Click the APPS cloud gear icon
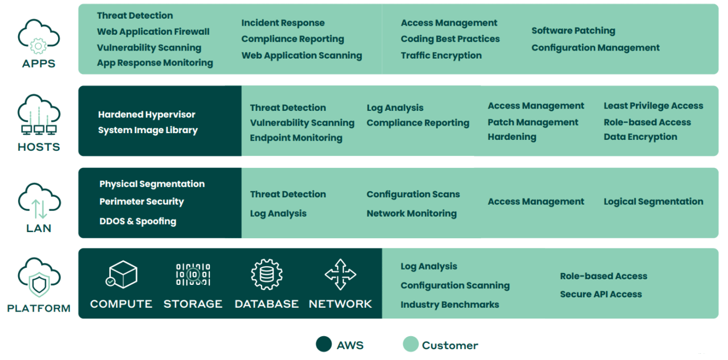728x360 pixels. pyautogui.click(x=39, y=38)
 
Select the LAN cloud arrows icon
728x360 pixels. pyautogui.click(x=39, y=205)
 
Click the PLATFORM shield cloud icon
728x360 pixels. pyautogui.click(x=39, y=279)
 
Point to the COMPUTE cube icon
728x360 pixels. pyautogui.click(x=122, y=274)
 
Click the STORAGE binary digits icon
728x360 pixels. pyautogui.click(x=193, y=274)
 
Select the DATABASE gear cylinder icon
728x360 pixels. pyautogui.click(x=266, y=274)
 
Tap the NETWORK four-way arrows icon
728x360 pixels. pyautogui.click(x=340, y=274)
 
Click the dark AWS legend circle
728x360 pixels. pyautogui.click(x=324, y=344)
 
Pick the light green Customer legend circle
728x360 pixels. pyautogui.click(x=410, y=344)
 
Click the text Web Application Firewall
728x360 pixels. pyautogui.click(x=153, y=32)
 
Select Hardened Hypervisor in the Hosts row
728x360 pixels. pyautogui.click(x=146, y=114)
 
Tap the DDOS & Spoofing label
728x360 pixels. pyautogui.click(x=137, y=221)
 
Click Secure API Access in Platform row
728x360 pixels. pyautogui.click(x=601, y=294)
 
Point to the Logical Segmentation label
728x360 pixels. pyautogui.click(x=653, y=201)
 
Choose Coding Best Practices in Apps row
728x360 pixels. pyautogui.click(x=450, y=39)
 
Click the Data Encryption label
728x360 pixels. pyautogui.click(x=640, y=136)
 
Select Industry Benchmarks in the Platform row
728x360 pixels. pyautogui.click(x=449, y=304)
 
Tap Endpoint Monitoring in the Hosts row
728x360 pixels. pyautogui.click(x=296, y=138)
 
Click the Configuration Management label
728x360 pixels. pyautogui.click(x=595, y=48)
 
